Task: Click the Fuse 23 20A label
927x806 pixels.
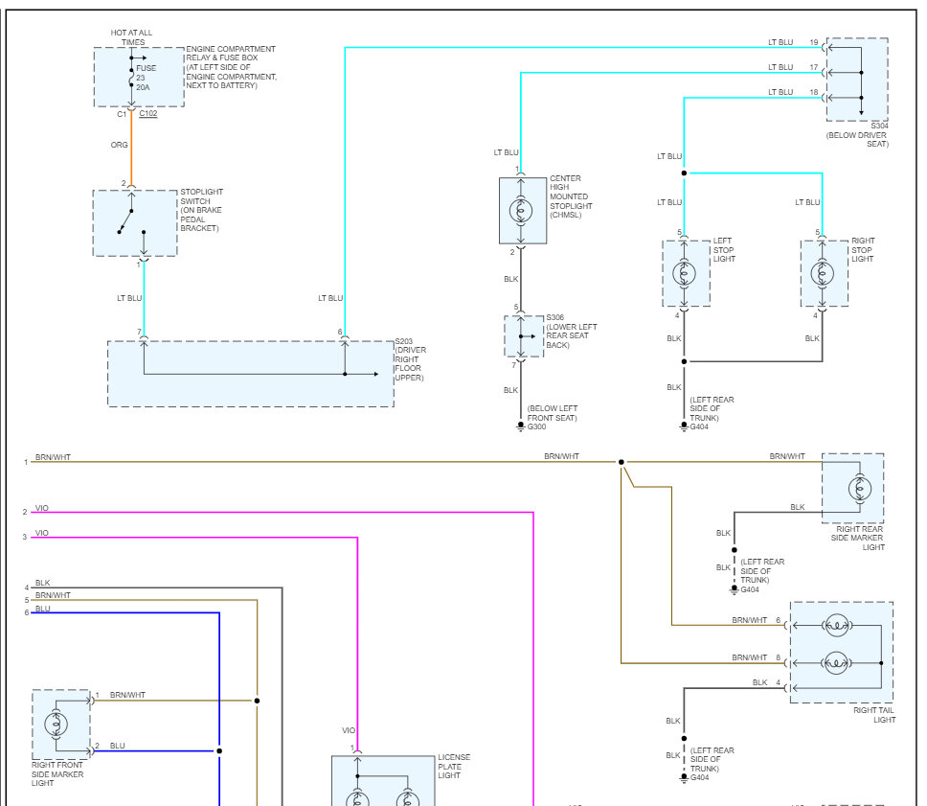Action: click(x=146, y=78)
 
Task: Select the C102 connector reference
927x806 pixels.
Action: click(x=148, y=114)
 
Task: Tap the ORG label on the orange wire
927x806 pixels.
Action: click(x=120, y=145)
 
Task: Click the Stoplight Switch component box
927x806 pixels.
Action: click(x=135, y=223)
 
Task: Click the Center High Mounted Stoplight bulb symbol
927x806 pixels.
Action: click(x=521, y=211)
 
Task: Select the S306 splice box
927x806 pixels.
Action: click(x=524, y=336)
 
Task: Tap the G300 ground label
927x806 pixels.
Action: click(x=537, y=426)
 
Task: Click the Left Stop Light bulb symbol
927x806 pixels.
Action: click(x=684, y=273)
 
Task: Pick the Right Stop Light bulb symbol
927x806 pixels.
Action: click(x=823, y=273)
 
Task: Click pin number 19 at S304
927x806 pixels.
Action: click(x=814, y=42)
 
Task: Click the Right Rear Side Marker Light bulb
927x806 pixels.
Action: click(x=860, y=489)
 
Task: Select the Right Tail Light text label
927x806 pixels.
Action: click(x=874, y=715)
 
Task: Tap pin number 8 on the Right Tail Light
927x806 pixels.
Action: click(x=778, y=657)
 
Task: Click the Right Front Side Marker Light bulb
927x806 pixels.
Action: click(x=57, y=724)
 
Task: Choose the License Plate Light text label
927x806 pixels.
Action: click(x=454, y=767)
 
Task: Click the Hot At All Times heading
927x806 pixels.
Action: click(x=132, y=37)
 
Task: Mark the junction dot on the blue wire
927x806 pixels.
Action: click(x=219, y=751)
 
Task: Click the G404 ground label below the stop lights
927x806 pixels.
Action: click(x=699, y=426)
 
